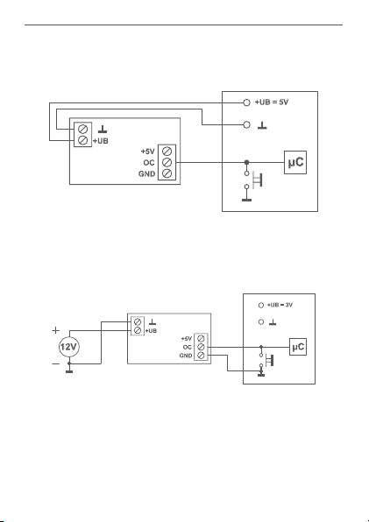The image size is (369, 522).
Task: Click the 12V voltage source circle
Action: pos(69,347)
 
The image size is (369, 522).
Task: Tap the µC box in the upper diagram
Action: pos(295,162)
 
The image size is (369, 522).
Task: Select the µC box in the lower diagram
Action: pos(298,347)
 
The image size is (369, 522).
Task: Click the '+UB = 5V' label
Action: pos(272,102)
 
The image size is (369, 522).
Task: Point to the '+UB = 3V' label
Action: pos(280,305)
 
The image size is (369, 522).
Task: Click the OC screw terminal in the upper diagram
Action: pos(167,162)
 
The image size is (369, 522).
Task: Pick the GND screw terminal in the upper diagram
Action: pos(167,173)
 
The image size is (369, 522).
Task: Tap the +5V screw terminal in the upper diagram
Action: pos(167,152)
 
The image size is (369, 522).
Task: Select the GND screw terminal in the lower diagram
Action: pos(201,356)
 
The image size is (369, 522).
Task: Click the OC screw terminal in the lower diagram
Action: pos(201,347)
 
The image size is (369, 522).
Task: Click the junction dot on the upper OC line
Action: pos(247,162)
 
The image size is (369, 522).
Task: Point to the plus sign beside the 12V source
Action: pos(56,330)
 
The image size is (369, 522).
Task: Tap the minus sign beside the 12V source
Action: pos(55,363)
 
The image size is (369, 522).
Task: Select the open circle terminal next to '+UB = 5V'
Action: pos(247,102)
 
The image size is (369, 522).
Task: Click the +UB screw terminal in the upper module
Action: pos(82,140)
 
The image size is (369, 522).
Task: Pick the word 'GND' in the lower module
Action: pos(186,356)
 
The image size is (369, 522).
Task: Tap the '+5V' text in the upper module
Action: pos(148,152)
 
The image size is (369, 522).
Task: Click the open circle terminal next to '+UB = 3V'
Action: pos(261,305)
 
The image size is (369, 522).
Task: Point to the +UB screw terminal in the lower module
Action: pos(138,330)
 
